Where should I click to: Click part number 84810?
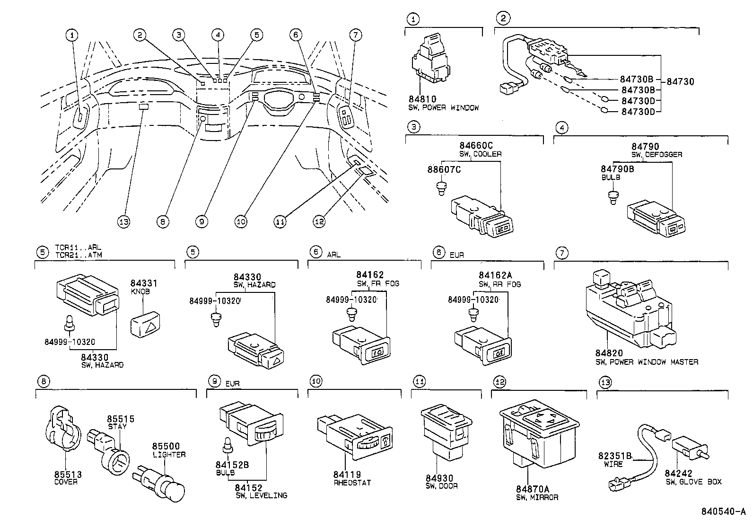tap(422, 99)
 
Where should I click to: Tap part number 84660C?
tap(476, 146)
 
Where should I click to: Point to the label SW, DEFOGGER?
tap(657, 155)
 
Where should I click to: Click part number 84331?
tap(143, 283)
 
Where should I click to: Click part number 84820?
tap(609, 353)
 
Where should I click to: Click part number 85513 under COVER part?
tap(68, 474)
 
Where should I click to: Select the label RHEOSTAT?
tap(352, 483)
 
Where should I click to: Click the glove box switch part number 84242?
tap(678, 474)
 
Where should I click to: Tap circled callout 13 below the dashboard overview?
tap(123, 221)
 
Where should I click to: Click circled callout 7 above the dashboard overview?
tap(356, 35)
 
